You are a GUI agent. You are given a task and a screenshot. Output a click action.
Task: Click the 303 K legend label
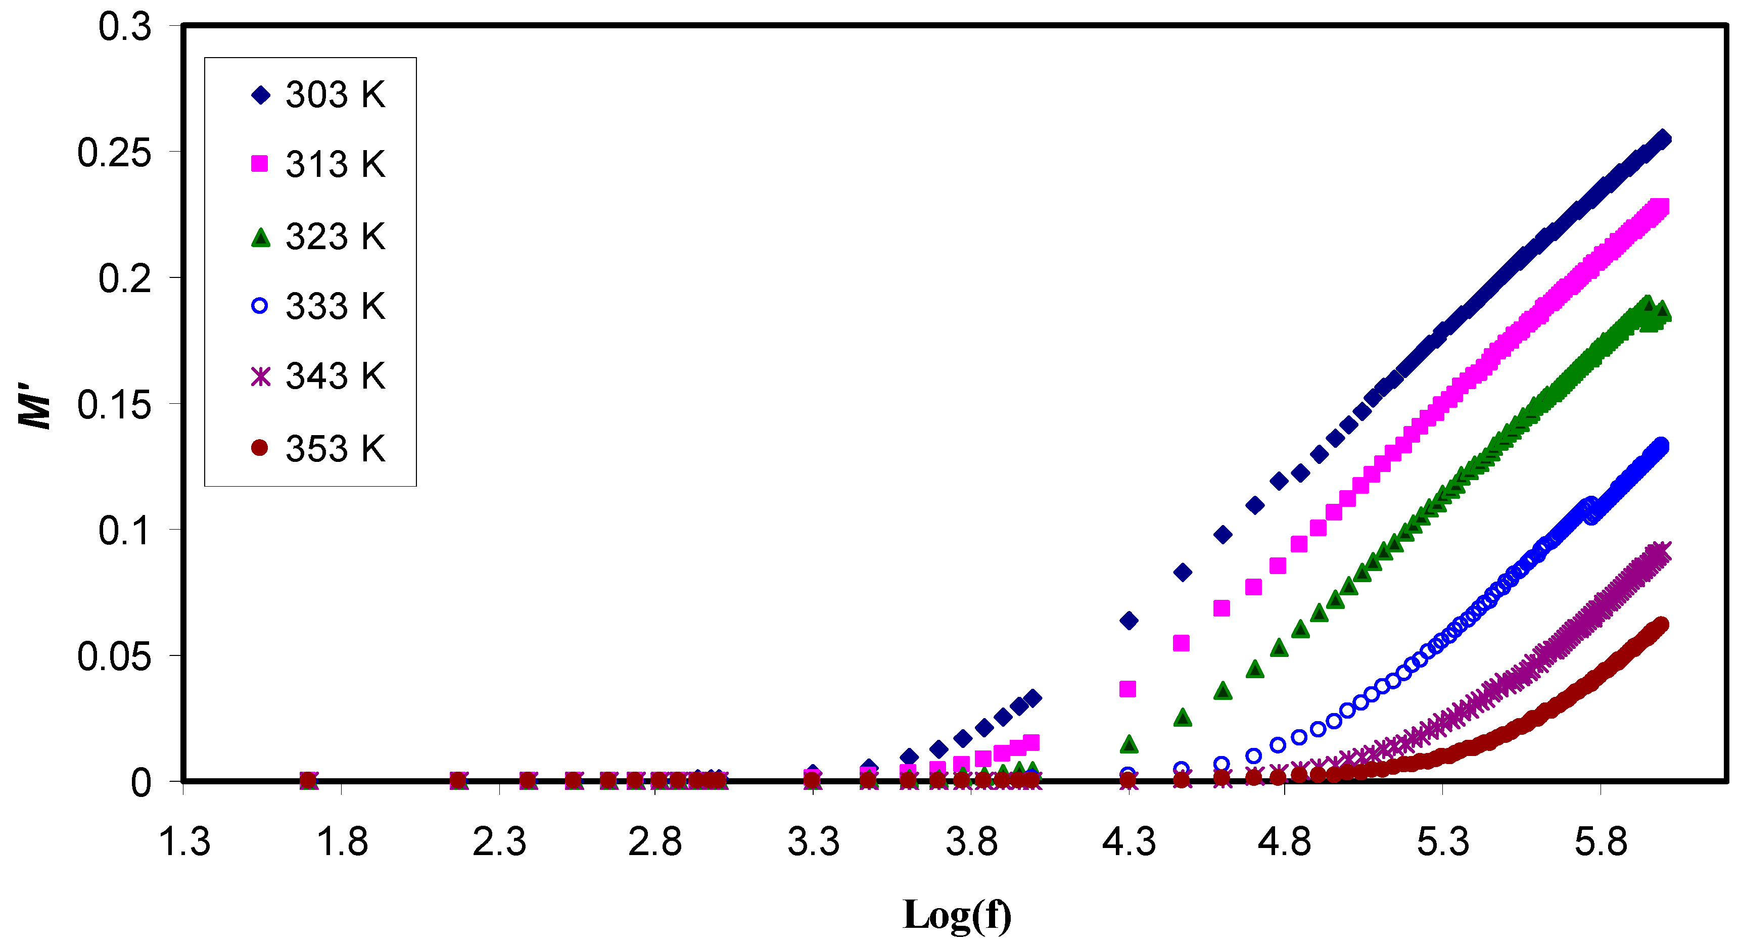335,95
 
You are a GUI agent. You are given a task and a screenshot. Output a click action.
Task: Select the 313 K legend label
335,164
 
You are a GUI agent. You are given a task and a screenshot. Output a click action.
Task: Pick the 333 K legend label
335,306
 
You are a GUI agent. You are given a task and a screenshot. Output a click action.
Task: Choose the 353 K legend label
335,448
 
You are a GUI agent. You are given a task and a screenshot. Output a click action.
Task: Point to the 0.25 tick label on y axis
113,152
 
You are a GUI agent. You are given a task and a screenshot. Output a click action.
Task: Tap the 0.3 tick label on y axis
124,27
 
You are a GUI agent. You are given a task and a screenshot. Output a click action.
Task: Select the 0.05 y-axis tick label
113,655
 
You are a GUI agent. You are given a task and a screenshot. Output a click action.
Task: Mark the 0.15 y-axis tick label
113,404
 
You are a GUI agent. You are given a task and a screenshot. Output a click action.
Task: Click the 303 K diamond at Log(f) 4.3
1129,620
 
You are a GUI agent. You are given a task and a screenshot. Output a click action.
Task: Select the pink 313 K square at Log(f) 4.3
1127,689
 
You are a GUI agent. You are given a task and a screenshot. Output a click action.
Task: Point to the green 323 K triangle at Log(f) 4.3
1129,744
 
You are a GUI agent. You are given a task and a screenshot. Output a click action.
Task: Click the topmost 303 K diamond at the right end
1663,138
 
